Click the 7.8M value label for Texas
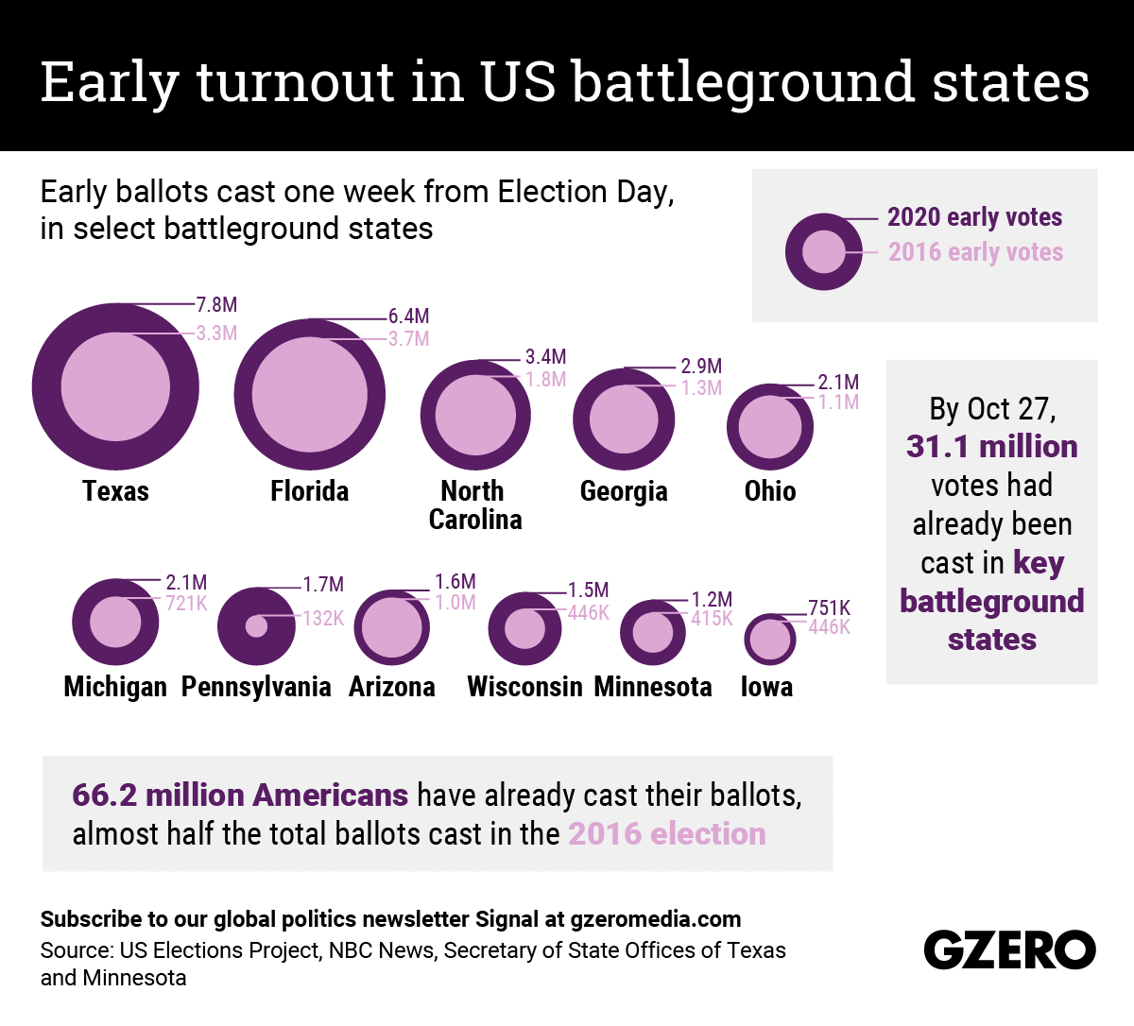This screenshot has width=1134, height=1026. (216, 304)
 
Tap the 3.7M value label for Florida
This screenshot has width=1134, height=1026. (408, 338)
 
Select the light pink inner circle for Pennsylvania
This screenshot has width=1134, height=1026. (256, 625)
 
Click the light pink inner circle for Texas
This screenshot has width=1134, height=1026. (115, 386)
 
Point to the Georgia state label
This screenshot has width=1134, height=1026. (624, 491)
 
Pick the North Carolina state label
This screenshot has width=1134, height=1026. (474, 505)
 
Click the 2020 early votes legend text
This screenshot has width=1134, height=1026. (974, 217)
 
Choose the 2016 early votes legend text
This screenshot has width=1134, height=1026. (975, 252)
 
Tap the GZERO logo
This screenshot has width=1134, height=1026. (1009, 949)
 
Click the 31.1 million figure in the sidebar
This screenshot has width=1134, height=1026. (991, 446)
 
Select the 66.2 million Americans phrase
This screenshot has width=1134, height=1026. (240, 795)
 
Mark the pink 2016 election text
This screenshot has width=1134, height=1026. (667, 834)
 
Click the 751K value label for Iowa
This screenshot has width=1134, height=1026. (829, 607)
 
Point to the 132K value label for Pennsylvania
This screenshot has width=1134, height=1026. (323, 618)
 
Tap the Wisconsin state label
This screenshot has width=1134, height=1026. (524, 687)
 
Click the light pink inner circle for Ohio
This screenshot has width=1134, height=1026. (770, 427)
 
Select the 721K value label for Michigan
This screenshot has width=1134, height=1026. (186, 603)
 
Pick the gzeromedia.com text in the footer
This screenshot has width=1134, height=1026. (656, 919)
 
